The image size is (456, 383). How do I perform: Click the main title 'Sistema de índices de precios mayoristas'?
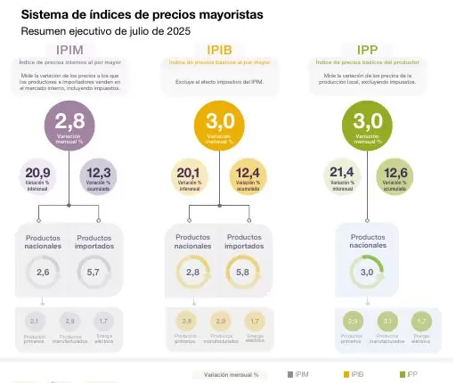142,15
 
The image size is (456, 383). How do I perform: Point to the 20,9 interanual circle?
38,175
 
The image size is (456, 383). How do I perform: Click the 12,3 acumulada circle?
98,175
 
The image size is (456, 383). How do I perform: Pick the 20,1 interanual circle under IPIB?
189,175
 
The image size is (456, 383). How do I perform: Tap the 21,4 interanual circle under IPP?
342,175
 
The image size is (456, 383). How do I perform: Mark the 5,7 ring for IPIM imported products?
94,272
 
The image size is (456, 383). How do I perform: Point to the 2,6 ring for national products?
43,272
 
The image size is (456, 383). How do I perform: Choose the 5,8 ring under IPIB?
243,272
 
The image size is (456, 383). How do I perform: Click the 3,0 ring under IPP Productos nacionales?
367,272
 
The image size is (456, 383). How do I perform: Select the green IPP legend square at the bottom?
401,375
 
